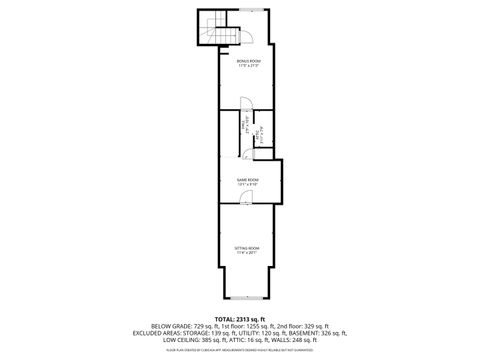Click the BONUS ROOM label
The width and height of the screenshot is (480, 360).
click(248, 62)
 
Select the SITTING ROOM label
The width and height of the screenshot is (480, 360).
click(247, 247)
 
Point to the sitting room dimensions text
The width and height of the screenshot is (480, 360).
click(247, 252)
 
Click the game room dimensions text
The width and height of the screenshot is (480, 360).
click(247, 185)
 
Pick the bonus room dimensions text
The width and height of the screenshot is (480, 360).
click(248, 67)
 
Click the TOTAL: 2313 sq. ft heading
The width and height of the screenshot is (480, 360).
click(240, 318)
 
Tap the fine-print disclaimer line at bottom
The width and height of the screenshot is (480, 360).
click(240, 350)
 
